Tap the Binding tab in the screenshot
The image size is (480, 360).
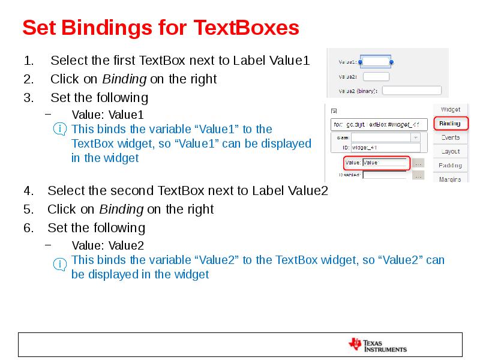(x=450, y=124)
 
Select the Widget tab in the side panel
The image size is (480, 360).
(x=451, y=110)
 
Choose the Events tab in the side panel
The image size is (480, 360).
(x=451, y=137)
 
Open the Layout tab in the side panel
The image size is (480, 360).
(x=451, y=151)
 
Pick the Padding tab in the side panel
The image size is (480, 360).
(x=451, y=165)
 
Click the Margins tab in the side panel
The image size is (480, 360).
(x=451, y=179)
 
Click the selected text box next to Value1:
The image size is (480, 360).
(x=377, y=62)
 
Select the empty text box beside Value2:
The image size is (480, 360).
(x=376, y=76)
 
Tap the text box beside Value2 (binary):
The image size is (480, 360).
(x=412, y=91)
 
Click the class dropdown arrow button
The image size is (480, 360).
(x=415, y=137)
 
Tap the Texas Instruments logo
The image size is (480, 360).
(x=377, y=345)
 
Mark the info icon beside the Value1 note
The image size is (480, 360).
(x=60, y=129)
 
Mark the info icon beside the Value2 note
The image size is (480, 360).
(x=60, y=264)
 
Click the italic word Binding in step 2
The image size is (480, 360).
(x=124, y=79)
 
